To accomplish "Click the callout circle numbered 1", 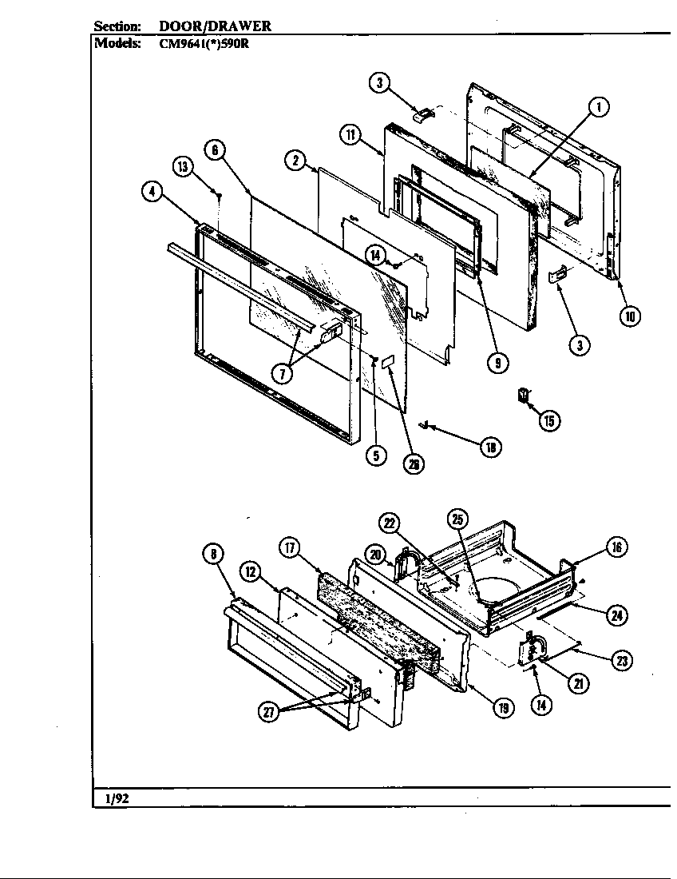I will click(x=598, y=106).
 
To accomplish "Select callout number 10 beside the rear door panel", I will click(x=630, y=316).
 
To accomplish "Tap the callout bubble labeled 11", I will click(x=349, y=134).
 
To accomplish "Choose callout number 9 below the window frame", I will click(x=497, y=362).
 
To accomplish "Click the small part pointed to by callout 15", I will click(x=524, y=396).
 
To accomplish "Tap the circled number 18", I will click(x=490, y=447).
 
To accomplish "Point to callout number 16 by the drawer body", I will click(x=616, y=547).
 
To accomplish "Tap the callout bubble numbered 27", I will click(x=269, y=714).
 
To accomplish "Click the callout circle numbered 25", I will click(x=457, y=520).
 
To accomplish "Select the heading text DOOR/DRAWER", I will click(x=216, y=26).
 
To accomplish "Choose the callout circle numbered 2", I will click(x=295, y=161).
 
